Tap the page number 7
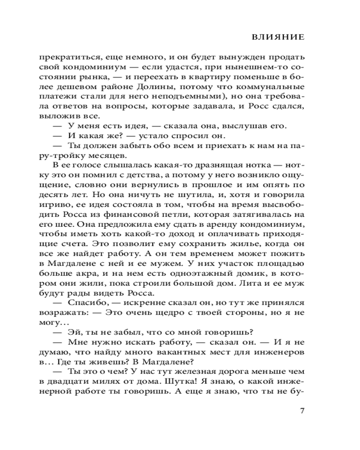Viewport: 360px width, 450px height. [x=302, y=410]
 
